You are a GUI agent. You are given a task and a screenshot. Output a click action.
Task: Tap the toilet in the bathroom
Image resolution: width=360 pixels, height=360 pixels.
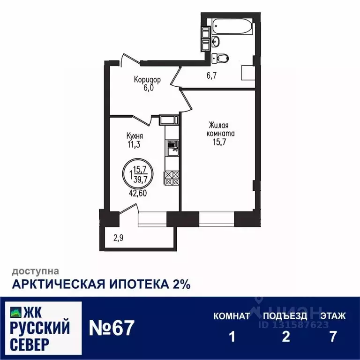pos(221,58)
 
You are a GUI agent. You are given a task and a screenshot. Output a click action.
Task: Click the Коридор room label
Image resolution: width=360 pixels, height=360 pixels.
pos(147,80)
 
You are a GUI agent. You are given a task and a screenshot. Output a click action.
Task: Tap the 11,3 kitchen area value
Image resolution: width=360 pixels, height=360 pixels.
pos(134,144)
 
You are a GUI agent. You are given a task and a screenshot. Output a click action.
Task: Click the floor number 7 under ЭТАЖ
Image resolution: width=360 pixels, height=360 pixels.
pos(333,337)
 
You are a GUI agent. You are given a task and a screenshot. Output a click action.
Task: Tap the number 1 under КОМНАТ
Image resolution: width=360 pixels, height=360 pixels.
pos(231,337)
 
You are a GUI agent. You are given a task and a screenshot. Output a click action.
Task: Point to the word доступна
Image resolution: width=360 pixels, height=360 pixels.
pos(35,270)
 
